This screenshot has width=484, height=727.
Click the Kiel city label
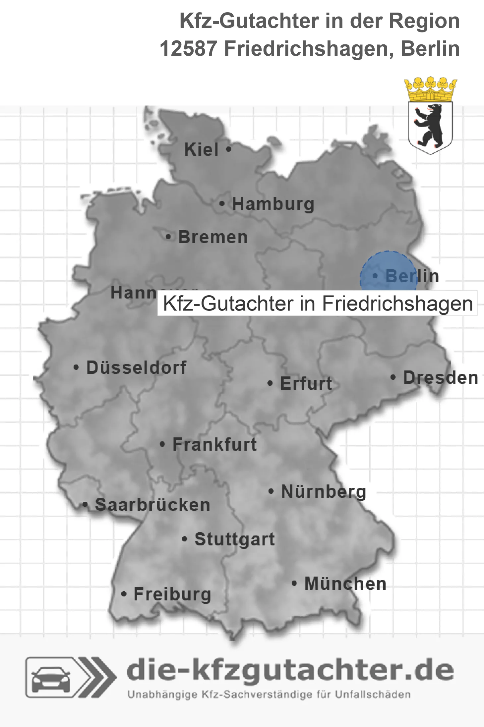click(201, 149)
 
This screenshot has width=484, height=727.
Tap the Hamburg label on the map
click(273, 204)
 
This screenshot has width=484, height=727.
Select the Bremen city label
click(213, 237)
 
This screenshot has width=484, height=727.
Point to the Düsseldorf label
click(136, 367)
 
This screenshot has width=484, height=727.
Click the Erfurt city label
click(306, 383)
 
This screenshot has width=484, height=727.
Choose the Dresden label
click(441, 378)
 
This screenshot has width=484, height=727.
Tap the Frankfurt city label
click(214, 444)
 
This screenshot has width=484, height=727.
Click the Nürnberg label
click(324, 491)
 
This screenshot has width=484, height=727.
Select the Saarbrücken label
click(152, 505)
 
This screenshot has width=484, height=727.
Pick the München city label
click(345, 584)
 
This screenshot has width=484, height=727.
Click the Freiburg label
click(172, 594)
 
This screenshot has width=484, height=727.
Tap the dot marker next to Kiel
click(228, 149)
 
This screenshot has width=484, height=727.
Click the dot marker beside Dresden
click(393, 377)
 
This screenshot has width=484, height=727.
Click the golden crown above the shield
click(430, 89)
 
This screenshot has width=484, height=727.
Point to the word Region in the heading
click(424, 21)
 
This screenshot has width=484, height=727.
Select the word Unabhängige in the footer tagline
click(162, 695)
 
